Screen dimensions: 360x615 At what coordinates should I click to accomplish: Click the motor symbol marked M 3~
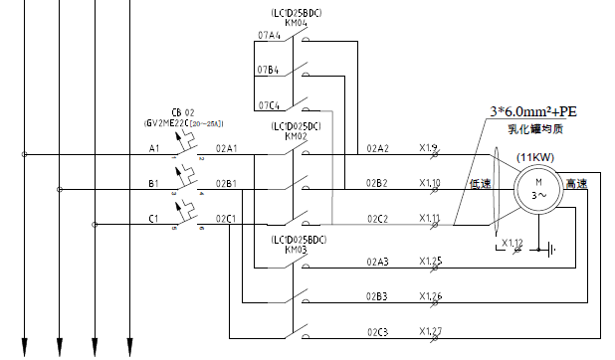click(x=538, y=188)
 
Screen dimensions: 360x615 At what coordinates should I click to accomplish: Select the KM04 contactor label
click(x=297, y=21)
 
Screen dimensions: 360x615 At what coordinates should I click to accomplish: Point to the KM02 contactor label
click(x=297, y=137)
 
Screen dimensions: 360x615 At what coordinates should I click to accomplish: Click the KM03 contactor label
click(x=297, y=251)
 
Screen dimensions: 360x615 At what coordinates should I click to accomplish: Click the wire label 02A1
click(x=226, y=148)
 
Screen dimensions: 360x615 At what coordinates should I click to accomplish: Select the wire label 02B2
click(x=377, y=183)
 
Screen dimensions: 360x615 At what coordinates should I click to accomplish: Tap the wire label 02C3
click(x=377, y=331)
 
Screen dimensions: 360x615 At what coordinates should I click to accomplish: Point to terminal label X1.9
click(x=429, y=148)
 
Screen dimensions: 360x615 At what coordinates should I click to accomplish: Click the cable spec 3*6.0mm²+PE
click(x=533, y=111)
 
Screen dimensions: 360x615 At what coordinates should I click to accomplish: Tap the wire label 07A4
click(x=268, y=35)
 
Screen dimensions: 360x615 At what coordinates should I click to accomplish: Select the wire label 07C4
click(x=268, y=104)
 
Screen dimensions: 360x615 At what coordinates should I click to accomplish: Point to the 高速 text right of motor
click(x=576, y=184)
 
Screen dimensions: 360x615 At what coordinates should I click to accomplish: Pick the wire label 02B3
click(x=377, y=296)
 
